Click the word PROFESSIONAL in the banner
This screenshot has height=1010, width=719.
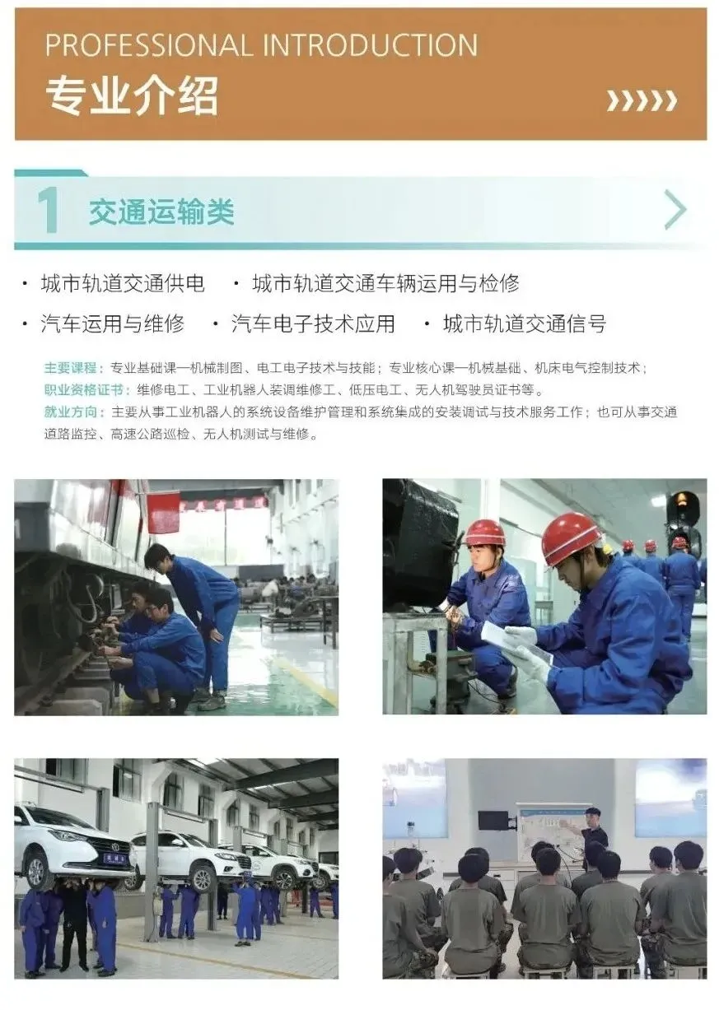tap(147, 45)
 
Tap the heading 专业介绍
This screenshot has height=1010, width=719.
tap(132, 96)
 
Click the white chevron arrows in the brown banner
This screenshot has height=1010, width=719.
tap(642, 100)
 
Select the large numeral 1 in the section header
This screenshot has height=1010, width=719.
tap(49, 210)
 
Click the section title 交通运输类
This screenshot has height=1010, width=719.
tap(161, 212)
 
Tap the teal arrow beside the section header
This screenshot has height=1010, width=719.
tap(675, 209)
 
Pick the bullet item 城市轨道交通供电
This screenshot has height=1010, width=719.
tap(123, 284)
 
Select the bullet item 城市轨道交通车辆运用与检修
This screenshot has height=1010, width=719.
tap(385, 284)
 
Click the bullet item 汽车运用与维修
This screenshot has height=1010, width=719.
tap(112, 323)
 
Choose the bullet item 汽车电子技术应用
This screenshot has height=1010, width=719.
tap(313, 323)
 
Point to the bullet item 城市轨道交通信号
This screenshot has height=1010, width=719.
tap(525, 323)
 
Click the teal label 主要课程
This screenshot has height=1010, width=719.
tap(70, 368)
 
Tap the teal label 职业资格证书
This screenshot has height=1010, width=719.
tap(84, 389)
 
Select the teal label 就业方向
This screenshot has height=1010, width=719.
tap(70, 412)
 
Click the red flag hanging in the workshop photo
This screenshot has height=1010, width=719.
tap(163, 513)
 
